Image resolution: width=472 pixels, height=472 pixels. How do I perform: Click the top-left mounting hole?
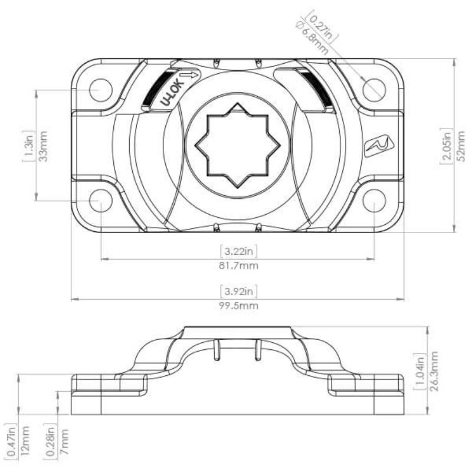point(101,90)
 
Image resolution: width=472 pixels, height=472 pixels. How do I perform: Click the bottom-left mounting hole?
point(101,201)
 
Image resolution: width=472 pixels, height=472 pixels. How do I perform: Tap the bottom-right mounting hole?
point(374,201)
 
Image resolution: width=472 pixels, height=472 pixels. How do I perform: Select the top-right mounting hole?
point(374,90)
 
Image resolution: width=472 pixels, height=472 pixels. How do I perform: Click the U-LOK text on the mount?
point(172,93)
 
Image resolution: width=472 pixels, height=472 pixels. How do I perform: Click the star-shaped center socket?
point(238,145)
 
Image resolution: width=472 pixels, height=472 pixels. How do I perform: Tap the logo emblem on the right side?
point(379,146)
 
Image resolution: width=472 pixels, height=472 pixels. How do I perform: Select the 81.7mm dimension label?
point(238,266)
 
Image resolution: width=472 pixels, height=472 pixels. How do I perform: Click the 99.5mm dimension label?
point(238,306)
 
